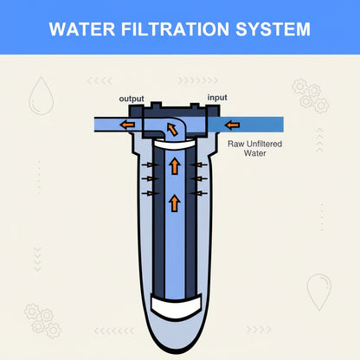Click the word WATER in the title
[x=82, y=29]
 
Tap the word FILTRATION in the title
[x=175, y=29]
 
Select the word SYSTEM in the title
[x=273, y=29]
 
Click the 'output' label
[x=132, y=99]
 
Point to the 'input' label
[x=217, y=98]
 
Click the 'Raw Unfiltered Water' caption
[x=255, y=148]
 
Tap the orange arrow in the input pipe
[x=233, y=125]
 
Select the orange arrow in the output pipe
[x=127, y=125]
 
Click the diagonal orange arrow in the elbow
[x=172, y=130]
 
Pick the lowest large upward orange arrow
[x=175, y=203]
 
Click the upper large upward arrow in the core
[x=175, y=166]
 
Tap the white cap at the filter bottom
[x=177, y=307]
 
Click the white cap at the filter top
[x=175, y=144]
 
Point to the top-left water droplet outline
[x=42, y=96]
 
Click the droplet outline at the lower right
[x=318, y=292]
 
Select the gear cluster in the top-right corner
[x=311, y=95]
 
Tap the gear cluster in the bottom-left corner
[x=42, y=321]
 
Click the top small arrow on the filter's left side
[x=151, y=164]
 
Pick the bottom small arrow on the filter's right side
[x=199, y=193]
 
